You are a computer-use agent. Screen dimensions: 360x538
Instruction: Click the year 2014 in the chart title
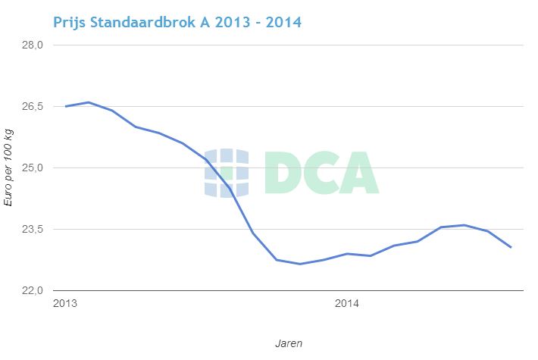pos(282,21)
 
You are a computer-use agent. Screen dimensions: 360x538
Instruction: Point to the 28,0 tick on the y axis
pos(33,45)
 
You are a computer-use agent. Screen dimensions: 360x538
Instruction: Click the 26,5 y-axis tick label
pos(33,106)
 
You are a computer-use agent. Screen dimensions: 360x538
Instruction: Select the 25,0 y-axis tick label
pos(33,167)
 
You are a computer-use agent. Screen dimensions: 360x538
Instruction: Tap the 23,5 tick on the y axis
pos(33,229)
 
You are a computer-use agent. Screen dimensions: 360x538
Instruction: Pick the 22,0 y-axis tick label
pos(33,290)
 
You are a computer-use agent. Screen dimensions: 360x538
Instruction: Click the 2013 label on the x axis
pos(65,304)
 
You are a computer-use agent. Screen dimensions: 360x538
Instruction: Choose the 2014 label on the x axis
pos(347,304)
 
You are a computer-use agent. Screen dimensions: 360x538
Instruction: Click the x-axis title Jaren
pos(289,343)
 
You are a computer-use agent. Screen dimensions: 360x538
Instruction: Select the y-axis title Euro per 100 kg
pos(9,168)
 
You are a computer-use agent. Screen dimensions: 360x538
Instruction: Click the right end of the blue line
pos(511,247)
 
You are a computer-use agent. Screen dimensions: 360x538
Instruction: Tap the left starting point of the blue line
pos(66,106)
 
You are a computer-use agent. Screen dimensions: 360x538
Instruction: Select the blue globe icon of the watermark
pos(227,173)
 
